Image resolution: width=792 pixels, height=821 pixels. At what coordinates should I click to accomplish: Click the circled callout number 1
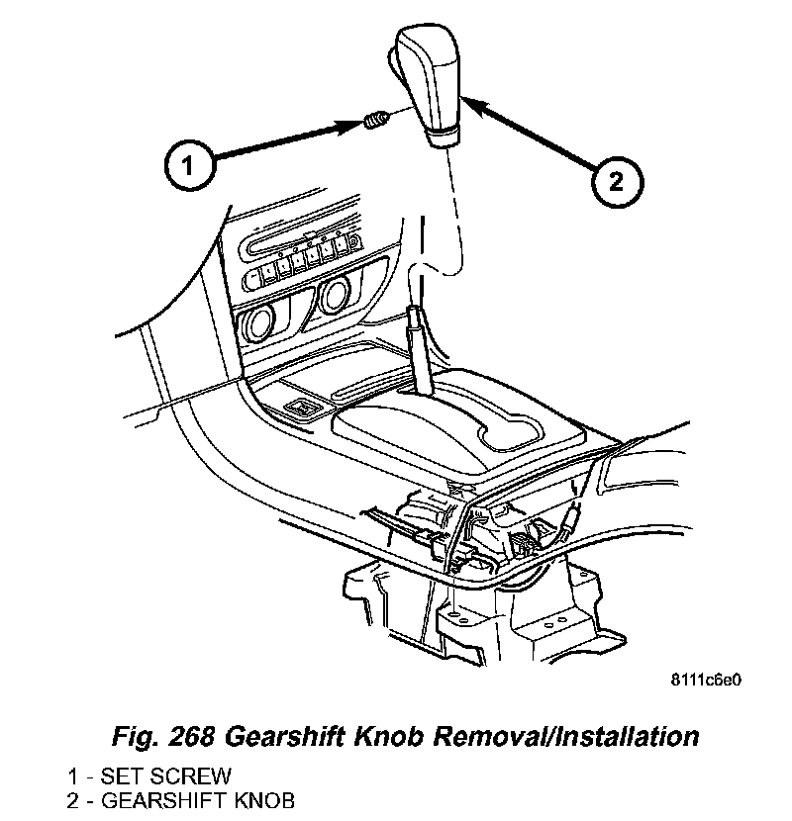(x=189, y=165)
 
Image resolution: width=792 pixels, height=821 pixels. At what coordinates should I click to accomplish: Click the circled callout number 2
(x=616, y=180)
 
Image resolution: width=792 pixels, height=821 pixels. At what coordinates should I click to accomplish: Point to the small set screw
(x=375, y=123)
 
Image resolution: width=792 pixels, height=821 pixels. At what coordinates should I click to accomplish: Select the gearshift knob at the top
(x=434, y=83)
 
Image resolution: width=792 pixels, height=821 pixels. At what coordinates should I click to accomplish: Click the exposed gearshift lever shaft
(x=418, y=351)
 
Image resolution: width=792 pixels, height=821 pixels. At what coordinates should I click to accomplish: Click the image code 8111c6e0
(x=706, y=681)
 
